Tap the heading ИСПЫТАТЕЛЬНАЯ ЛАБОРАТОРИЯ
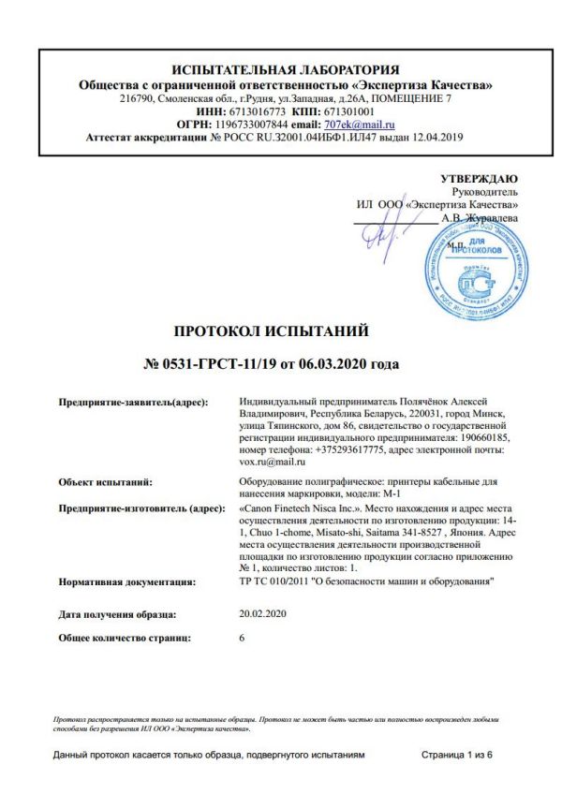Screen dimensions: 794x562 (x=286, y=69)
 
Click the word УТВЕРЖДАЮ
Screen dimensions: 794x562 (x=479, y=178)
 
